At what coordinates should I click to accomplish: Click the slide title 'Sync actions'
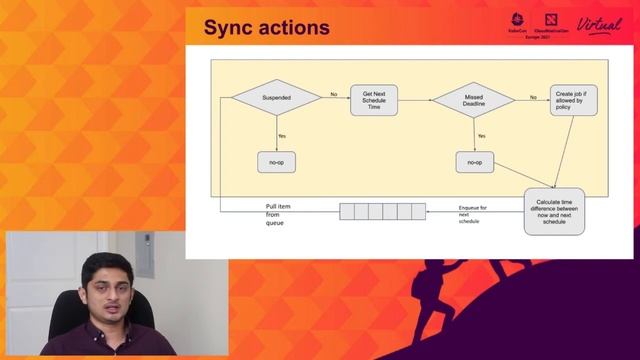(x=266, y=27)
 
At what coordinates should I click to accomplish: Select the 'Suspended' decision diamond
(x=276, y=98)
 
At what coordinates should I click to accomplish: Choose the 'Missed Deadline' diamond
(x=473, y=99)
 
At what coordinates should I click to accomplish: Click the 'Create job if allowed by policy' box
(x=574, y=99)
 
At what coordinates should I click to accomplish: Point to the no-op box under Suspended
(x=276, y=162)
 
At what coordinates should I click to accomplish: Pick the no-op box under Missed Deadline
(x=474, y=162)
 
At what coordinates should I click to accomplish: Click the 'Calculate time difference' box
(x=553, y=211)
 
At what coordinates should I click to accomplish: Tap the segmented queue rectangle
(x=375, y=211)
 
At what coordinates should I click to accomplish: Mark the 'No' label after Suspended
(x=332, y=94)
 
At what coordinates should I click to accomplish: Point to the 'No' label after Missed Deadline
(x=533, y=96)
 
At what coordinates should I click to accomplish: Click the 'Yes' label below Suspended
(x=282, y=135)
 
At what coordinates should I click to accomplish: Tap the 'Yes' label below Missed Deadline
(x=481, y=135)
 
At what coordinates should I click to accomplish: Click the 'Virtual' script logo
(x=599, y=25)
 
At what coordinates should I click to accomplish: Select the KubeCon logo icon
(x=518, y=19)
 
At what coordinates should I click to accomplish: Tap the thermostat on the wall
(x=145, y=248)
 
